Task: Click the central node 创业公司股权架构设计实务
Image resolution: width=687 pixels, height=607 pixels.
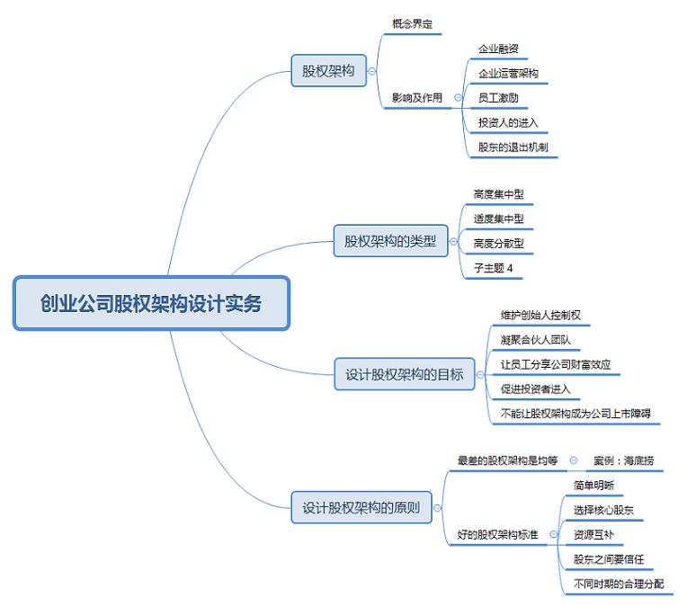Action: pyautogui.click(x=151, y=304)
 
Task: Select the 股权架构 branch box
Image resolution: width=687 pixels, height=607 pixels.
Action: pyautogui.click(x=328, y=70)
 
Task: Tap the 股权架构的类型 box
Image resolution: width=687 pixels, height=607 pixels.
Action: pyautogui.click(x=390, y=241)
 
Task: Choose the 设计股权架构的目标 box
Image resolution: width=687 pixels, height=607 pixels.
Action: pyautogui.click(x=405, y=374)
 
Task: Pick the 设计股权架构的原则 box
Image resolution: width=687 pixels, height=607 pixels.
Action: pyautogui.click(x=361, y=507)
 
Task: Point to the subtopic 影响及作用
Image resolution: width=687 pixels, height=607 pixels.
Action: pyautogui.click(x=417, y=97)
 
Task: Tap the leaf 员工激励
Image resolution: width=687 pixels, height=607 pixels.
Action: pyautogui.click(x=497, y=97)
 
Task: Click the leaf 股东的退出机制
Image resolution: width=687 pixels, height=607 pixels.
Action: pyautogui.click(x=513, y=147)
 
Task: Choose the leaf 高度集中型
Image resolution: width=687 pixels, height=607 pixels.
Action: pyautogui.click(x=498, y=193)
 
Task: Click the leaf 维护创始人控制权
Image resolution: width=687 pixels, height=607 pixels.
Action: pyautogui.click(x=541, y=315)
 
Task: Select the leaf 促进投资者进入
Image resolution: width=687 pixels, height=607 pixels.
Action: pyautogui.click(x=535, y=389)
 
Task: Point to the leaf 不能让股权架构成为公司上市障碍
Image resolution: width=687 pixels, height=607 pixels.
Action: pyautogui.click(x=575, y=414)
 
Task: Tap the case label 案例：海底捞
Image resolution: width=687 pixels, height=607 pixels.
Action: pyautogui.click(x=624, y=460)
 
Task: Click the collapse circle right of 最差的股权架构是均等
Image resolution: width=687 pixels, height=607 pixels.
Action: pyautogui.click(x=574, y=460)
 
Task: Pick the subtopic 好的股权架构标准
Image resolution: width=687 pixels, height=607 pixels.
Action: pyautogui.click(x=497, y=535)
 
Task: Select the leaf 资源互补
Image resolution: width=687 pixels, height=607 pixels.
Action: pyautogui.click(x=593, y=535)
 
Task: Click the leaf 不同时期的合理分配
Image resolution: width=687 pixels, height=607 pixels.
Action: pyautogui.click(x=619, y=584)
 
